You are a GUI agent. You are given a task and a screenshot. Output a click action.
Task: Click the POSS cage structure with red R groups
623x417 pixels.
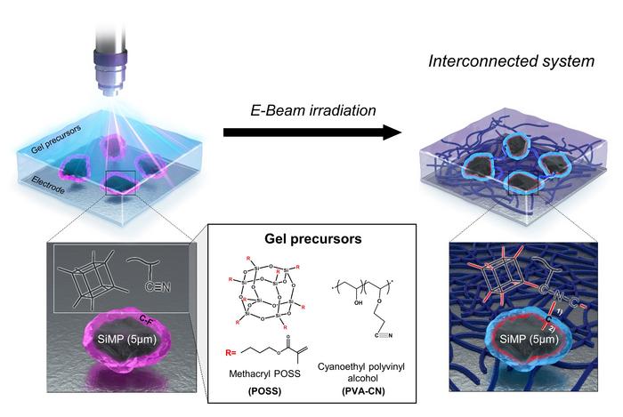268,293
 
